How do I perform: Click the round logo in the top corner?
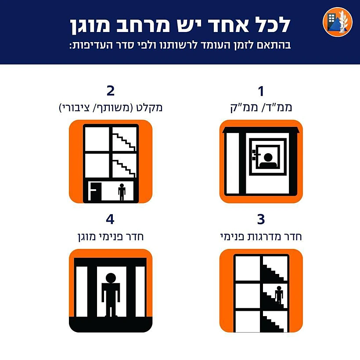coord(338,22)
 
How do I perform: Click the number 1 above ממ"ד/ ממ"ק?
coord(261,91)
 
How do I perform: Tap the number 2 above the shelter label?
coord(110,91)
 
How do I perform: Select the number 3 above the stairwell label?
coord(261,220)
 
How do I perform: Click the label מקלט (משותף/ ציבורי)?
coord(111,107)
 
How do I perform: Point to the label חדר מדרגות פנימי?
coord(261,237)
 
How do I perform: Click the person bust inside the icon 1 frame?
coord(268,160)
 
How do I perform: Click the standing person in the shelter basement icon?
coord(122,191)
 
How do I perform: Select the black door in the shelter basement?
coord(95,192)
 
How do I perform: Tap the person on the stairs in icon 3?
coord(279,294)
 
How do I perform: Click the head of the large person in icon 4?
coord(111,278)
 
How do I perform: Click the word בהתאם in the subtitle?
coord(277,45)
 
